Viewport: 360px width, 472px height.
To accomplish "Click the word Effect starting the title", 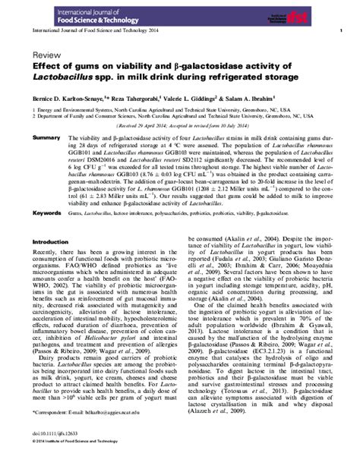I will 45,67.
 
